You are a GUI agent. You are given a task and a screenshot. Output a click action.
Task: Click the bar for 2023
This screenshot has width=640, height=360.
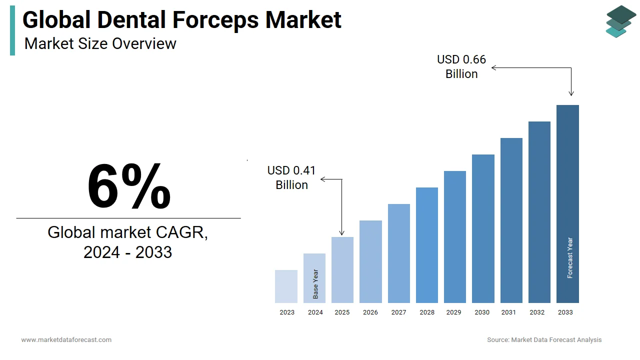tap(286, 286)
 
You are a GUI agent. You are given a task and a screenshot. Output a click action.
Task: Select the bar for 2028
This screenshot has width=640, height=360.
tap(427, 245)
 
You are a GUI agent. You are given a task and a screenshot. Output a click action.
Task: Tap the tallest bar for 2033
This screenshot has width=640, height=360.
tap(567, 204)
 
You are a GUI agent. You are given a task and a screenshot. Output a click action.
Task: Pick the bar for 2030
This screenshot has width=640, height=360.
tap(483, 228)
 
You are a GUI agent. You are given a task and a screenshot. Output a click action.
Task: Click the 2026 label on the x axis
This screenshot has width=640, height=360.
tap(370, 312)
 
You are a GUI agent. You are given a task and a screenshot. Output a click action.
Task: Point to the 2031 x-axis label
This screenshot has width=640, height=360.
tap(508, 312)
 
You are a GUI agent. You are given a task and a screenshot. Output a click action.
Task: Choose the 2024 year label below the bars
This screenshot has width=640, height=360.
tap(315, 312)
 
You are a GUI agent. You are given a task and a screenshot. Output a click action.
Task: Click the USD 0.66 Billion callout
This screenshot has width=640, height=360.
tap(461, 66)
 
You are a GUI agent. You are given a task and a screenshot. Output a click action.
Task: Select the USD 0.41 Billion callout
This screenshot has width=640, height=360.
tap(291, 177)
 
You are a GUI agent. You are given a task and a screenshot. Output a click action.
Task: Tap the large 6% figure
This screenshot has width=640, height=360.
tap(129, 186)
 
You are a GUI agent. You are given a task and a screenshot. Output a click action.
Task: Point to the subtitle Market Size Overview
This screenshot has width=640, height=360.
tap(100, 43)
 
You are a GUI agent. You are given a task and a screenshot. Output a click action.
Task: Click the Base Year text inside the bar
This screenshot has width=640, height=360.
tap(315, 284)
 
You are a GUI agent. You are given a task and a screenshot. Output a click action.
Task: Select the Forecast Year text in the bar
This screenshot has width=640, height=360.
tap(570, 257)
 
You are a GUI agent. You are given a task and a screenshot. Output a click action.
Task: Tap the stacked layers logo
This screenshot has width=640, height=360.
tap(620, 21)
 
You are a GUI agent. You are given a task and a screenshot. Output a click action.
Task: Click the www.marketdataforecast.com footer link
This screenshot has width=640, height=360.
tap(66, 340)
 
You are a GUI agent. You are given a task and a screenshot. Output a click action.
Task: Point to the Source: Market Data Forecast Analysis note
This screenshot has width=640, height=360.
tap(544, 340)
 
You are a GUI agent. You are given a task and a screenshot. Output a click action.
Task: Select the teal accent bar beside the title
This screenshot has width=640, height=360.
tap(12, 30)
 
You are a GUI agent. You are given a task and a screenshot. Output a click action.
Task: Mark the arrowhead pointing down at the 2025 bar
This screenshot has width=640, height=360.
tap(342, 232)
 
